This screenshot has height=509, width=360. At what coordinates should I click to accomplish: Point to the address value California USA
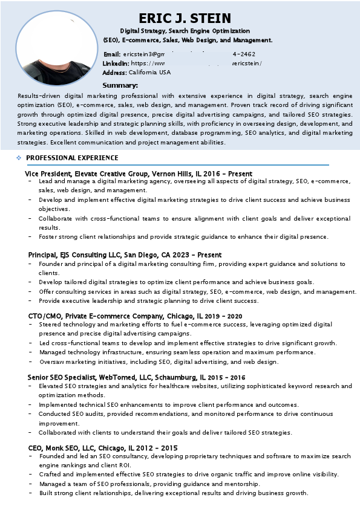[x=149, y=72]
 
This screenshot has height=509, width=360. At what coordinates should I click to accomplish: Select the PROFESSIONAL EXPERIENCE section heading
[x=72, y=158]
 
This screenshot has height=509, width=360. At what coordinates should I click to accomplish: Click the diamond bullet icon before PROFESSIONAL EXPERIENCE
[x=19, y=158]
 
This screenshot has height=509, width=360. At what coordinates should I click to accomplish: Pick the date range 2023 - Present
[x=199, y=255]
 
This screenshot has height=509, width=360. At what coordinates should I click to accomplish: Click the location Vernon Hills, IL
[x=179, y=173]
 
